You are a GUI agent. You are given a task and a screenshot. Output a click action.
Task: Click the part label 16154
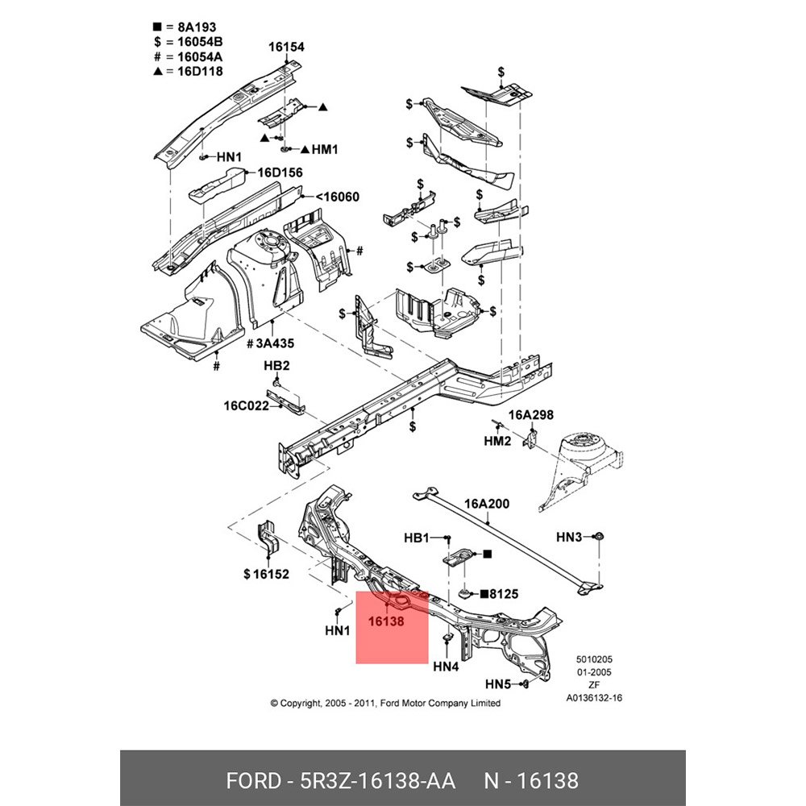pyautogui.click(x=286, y=48)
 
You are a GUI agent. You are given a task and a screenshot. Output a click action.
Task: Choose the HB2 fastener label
pyautogui.click(x=276, y=366)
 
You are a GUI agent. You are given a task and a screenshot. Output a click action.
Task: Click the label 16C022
pyautogui.click(x=246, y=405)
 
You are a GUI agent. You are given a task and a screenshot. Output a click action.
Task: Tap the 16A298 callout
pyautogui.click(x=530, y=415)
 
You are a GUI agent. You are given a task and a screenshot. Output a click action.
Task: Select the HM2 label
pyautogui.click(x=497, y=442)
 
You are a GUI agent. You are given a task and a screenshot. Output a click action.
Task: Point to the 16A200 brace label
pyautogui.click(x=488, y=504)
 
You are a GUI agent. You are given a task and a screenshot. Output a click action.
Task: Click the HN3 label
pyautogui.click(x=569, y=537)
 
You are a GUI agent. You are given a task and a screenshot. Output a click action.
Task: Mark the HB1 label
pyautogui.click(x=417, y=537)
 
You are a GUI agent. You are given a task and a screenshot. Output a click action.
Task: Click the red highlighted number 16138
pyautogui.click(x=386, y=622)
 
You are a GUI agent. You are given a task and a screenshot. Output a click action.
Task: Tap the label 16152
pyautogui.click(x=266, y=574)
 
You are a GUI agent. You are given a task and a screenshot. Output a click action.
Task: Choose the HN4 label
pyautogui.click(x=446, y=667)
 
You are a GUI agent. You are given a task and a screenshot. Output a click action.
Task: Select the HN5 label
pyautogui.click(x=498, y=684)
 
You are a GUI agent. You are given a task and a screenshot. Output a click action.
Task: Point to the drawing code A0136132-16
pyautogui.click(x=594, y=699)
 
